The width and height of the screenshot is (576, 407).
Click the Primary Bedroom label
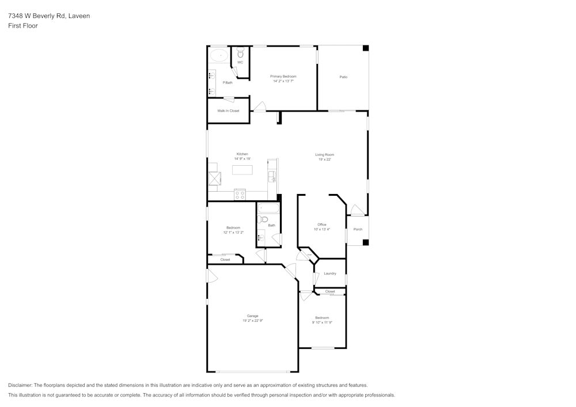[x=283, y=77]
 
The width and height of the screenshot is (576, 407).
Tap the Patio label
[x=343, y=77]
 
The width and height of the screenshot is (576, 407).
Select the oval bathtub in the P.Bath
[x=218, y=56]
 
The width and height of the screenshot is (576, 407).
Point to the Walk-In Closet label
[x=228, y=111]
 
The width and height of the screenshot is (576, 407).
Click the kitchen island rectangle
[x=242, y=170]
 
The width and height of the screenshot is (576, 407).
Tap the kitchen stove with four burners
[x=240, y=195]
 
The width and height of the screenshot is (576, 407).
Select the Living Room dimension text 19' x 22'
[x=324, y=159]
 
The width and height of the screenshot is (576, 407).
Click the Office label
[x=322, y=225]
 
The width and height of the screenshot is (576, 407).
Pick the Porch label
[x=358, y=229]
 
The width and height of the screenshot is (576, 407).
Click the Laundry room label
[x=330, y=273]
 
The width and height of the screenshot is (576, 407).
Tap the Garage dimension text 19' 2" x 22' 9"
[x=252, y=321]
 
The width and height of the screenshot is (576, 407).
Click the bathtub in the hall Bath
[x=268, y=208]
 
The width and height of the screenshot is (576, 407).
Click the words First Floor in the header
[x=22, y=26]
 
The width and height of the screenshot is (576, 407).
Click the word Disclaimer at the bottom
[x=21, y=385]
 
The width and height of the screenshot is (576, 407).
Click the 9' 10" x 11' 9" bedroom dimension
[x=321, y=322]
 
